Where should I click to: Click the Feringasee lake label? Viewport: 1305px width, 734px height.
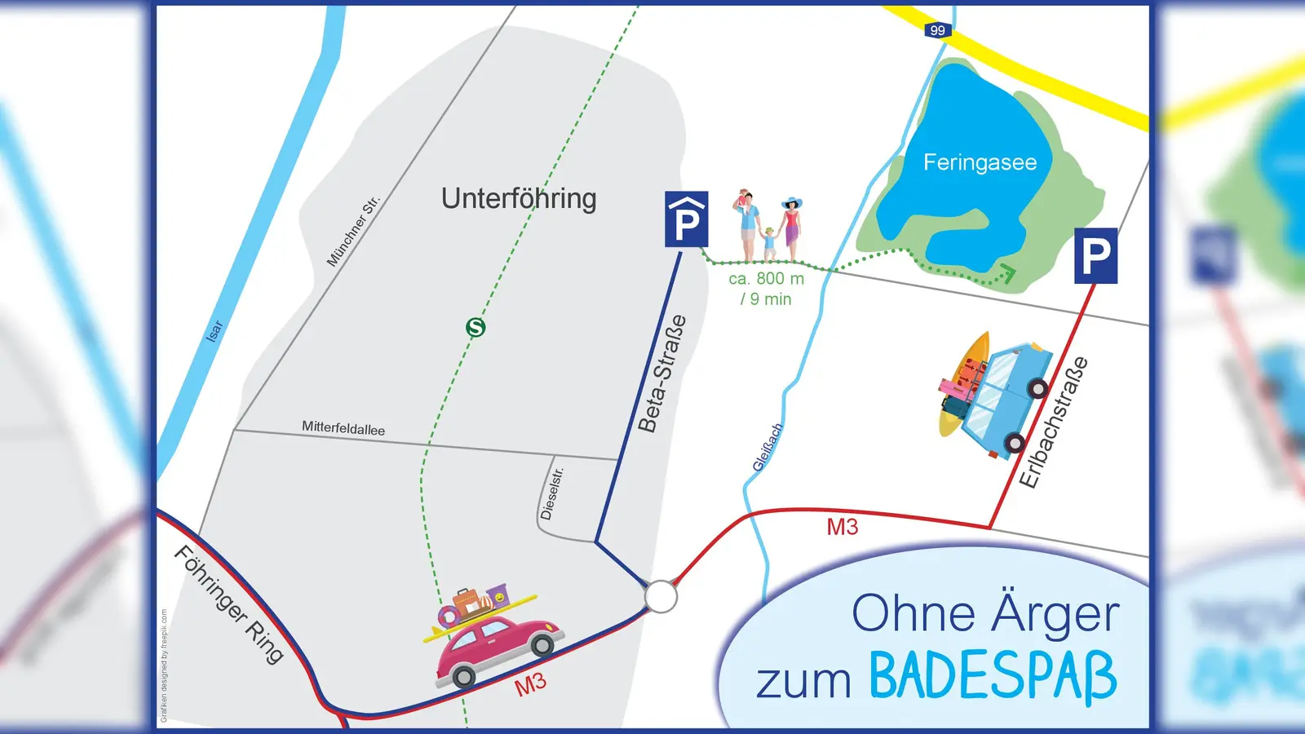pos(980,162)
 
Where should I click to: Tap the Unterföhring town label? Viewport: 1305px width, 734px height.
pos(519,198)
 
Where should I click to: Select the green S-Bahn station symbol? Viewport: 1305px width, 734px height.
pos(476,327)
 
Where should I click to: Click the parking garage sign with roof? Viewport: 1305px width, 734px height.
pos(686,219)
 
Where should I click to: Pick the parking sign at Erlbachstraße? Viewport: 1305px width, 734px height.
pos(1095,256)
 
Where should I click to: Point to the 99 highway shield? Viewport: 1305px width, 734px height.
pos(938,30)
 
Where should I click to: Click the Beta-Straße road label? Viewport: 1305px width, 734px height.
pos(661,374)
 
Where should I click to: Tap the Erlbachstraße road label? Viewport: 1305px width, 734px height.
pos(1054,422)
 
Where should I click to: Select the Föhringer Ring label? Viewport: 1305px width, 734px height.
pos(229,604)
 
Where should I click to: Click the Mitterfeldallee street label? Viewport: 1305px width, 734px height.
pos(343,428)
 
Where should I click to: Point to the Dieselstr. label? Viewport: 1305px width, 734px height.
pos(552,493)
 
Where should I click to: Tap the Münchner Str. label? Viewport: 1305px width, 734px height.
pos(352,231)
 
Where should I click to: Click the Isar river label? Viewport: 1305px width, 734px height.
pos(215,330)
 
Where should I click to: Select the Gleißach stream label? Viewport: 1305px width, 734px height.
pos(767,448)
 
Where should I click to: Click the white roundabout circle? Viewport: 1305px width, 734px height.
pos(661,596)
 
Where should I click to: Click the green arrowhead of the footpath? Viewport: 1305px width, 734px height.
pos(1008,273)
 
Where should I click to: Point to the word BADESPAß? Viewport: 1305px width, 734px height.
pos(993,676)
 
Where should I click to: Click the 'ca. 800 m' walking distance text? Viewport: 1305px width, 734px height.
pos(766,279)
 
